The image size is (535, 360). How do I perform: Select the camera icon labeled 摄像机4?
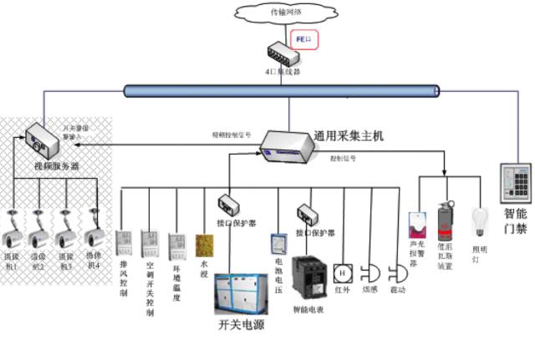(92, 223)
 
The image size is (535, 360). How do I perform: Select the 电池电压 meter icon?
(278, 245)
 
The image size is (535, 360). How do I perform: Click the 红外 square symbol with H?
(342, 272)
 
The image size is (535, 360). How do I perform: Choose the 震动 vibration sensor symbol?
(397, 272)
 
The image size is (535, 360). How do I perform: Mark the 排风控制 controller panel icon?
(124, 241)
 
